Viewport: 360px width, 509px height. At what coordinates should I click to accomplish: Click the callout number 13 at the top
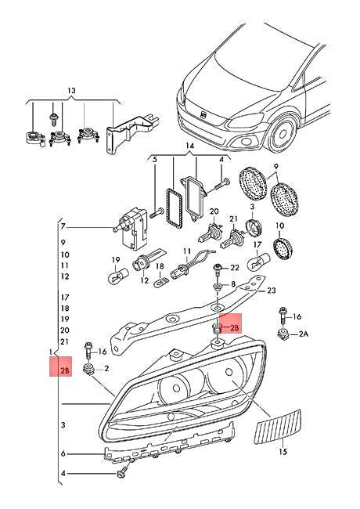(x=73, y=92)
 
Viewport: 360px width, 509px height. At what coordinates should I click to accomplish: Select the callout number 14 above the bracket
(x=189, y=146)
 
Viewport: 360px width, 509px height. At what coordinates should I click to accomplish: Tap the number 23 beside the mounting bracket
(x=272, y=291)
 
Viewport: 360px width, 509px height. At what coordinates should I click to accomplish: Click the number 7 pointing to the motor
(x=65, y=228)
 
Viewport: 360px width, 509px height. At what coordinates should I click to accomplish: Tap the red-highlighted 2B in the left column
(x=65, y=366)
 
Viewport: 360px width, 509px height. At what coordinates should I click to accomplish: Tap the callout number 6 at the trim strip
(x=65, y=453)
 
